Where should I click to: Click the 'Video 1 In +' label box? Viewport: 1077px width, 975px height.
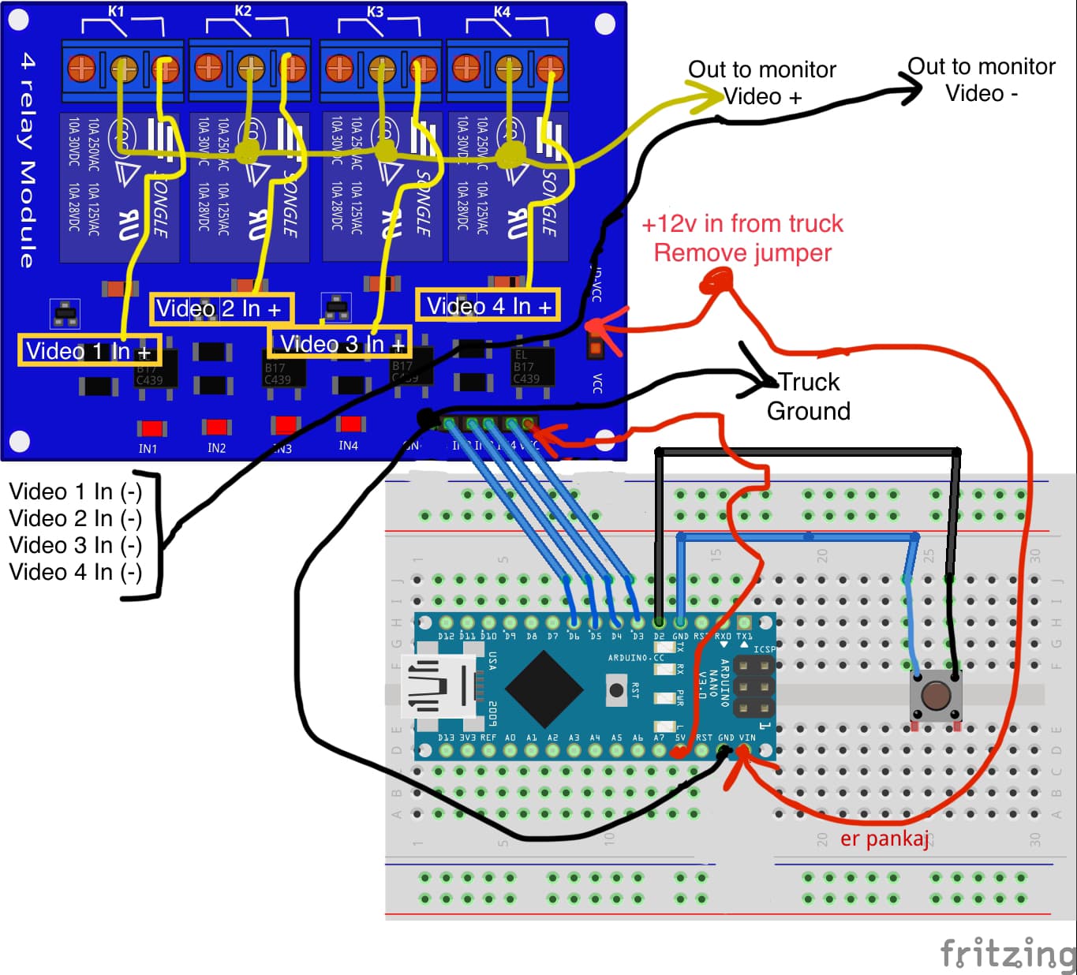(88, 351)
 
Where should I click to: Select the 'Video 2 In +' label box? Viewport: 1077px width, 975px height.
(220, 308)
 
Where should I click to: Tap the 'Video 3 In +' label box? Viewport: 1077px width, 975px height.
(340, 344)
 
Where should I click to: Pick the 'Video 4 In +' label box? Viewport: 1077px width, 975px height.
(488, 306)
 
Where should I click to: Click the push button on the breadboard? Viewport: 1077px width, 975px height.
(936, 697)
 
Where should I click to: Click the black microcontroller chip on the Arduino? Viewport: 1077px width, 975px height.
(544, 689)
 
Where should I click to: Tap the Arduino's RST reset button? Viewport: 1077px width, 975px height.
(616, 689)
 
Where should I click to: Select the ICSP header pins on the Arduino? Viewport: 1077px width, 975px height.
(754, 687)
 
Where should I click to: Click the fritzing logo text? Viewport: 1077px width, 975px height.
(1008, 953)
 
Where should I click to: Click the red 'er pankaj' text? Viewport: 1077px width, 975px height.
(884, 839)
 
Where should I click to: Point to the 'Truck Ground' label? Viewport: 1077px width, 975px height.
(808, 397)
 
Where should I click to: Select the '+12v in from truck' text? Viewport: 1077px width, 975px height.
(742, 224)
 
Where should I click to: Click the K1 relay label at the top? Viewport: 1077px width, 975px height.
(116, 11)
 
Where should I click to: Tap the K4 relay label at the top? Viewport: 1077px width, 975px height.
(502, 11)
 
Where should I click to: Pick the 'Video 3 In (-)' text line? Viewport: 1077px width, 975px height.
(75, 545)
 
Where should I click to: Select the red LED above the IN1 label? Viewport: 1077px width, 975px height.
(151, 428)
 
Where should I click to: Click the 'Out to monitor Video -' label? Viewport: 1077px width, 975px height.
(981, 80)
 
